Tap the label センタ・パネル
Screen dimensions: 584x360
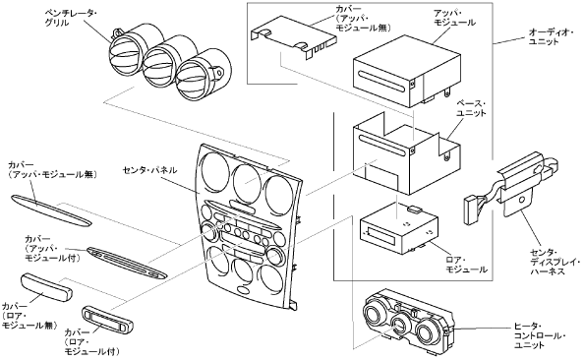pos(150,171)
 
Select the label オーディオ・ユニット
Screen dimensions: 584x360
pos(550,37)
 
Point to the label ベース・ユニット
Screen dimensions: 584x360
pos(471,108)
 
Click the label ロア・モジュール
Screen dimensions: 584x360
pos(467,265)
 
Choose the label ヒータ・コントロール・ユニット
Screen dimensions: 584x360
pos(540,336)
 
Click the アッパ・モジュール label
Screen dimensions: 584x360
pos(454,18)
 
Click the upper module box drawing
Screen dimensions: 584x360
pos(407,72)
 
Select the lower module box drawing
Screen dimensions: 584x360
pos(398,228)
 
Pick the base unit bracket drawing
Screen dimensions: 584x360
pos(406,152)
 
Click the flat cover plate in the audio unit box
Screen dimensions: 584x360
pos(294,37)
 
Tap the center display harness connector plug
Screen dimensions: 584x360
pos(470,211)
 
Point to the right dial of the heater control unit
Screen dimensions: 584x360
pos(428,332)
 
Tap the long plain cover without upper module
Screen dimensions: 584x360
pos(51,210)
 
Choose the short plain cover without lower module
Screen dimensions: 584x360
pos(47,287)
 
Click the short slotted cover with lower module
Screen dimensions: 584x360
pos(108,319)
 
